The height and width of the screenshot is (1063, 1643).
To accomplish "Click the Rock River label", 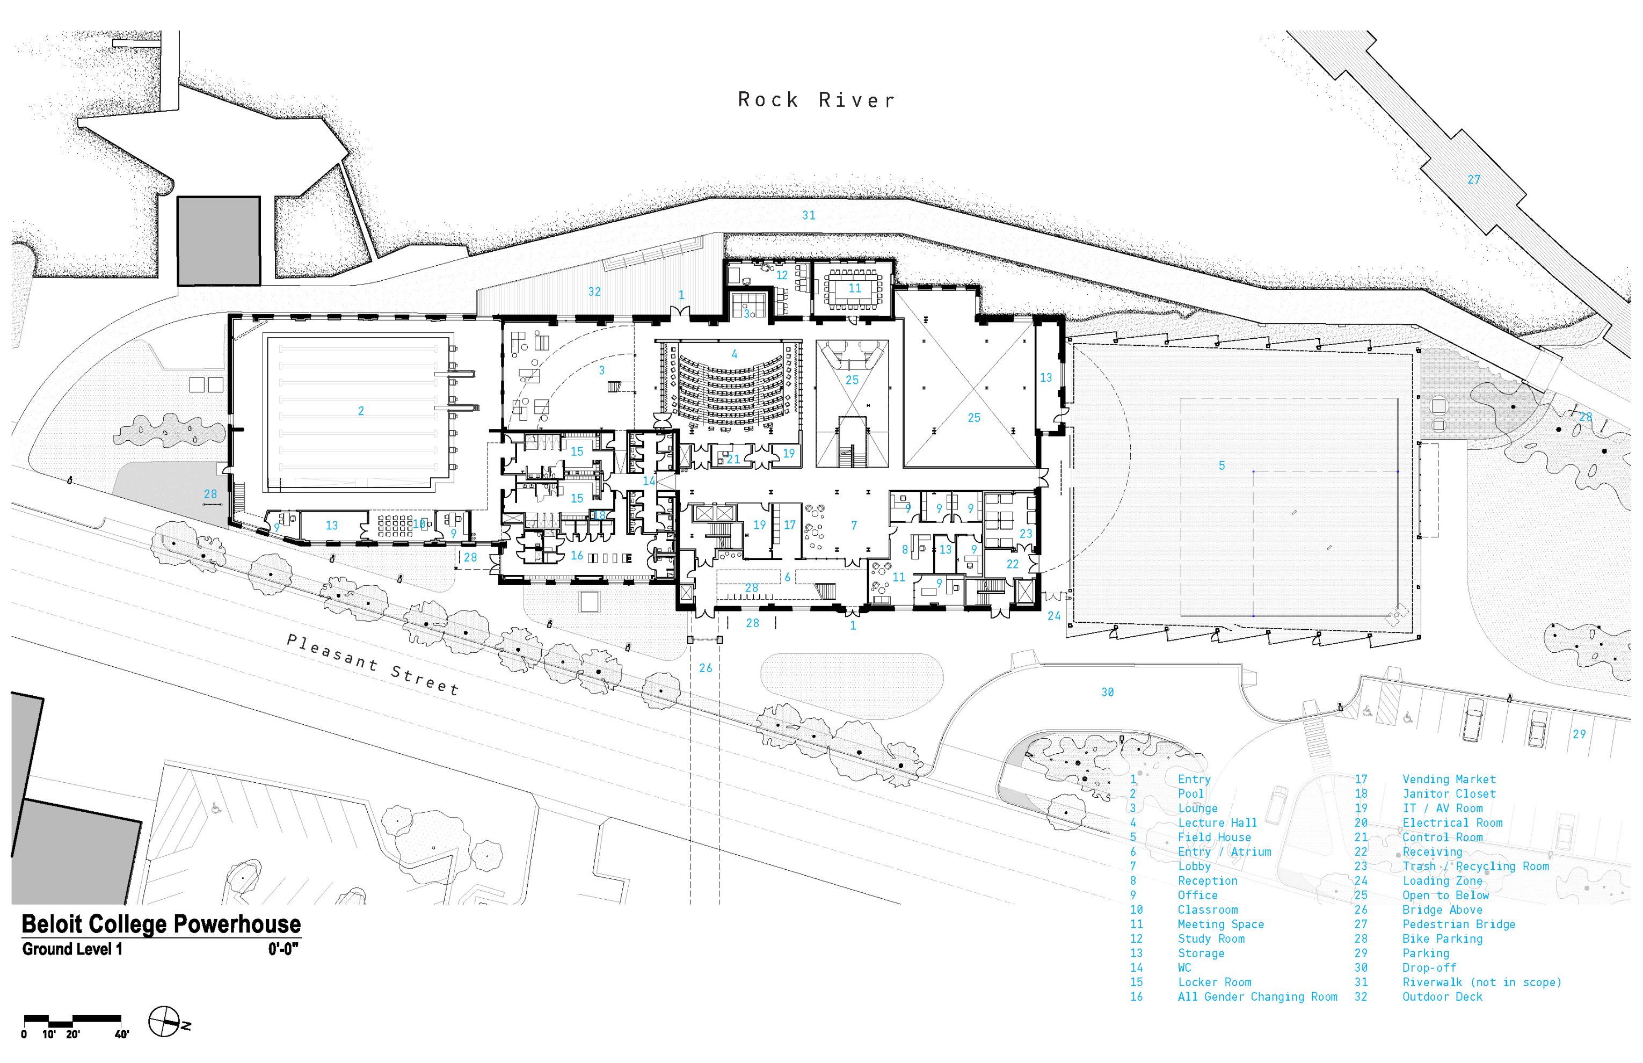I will tap(816, 100).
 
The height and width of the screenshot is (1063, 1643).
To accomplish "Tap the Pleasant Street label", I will tap(373, 664).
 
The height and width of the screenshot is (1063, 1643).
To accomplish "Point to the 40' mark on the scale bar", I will tap(121, 1034).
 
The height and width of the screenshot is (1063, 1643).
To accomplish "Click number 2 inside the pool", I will tap(360, 411).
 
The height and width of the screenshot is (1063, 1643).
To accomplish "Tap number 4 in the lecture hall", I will tap(734, 354).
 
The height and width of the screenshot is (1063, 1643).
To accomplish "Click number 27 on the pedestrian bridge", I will tap(1473, 179).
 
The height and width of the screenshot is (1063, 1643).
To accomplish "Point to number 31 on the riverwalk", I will tap(809, 215).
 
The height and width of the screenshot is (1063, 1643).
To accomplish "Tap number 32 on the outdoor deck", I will tap(594, 292).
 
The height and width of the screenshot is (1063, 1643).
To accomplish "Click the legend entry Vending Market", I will tap(1448, 780).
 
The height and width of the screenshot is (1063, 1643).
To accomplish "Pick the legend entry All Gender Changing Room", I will tap(1256, 997).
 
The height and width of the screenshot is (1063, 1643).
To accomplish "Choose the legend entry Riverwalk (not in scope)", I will tap(1481, 982).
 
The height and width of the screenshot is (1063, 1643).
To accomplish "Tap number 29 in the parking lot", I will tap(1579, 734).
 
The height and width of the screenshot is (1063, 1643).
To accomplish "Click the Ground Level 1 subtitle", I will tap(72, 949).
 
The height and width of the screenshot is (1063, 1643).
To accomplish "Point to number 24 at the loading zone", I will tap(1053, 616).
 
